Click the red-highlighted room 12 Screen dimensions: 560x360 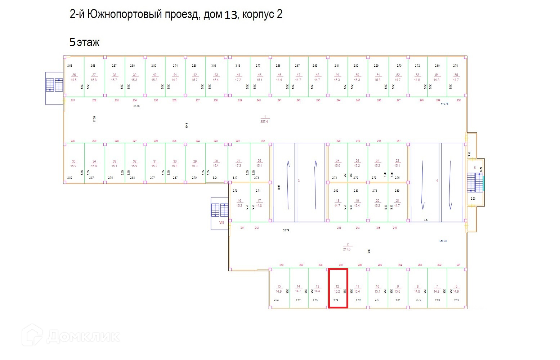tap(338, 288)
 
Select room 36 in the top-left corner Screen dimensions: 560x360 tap(74, 77)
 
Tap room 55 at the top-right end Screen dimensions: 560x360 tap(456, 77)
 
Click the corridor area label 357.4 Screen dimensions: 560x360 tap(264, 119)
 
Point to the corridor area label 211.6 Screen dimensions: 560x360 tap(347, 247)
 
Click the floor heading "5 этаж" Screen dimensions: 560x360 tap(84, 42)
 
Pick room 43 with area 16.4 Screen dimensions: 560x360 tap(216, 77)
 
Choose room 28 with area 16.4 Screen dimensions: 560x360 tap(216, 163)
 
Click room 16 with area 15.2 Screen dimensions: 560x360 tap(239, 203)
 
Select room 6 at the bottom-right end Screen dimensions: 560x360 tap(456, 289)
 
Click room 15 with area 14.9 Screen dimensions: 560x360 tap(279, 289)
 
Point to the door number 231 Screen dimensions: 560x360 tap(73, 100)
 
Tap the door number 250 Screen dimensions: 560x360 tap(458, 100)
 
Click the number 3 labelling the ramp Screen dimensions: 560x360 tap(299, 181)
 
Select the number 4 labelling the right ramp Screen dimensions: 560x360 tap(437, 181)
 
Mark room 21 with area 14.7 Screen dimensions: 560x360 tap(397, 203)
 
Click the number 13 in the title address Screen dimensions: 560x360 tap(231, 15)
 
